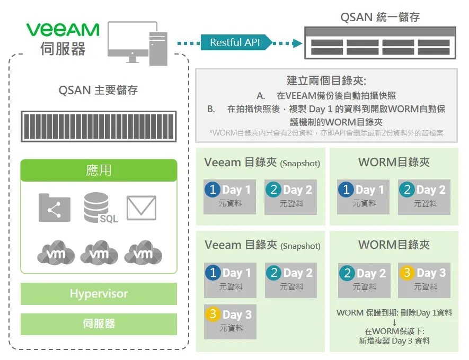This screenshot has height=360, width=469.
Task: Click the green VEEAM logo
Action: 63,29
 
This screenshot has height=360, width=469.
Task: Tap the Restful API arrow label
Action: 235,42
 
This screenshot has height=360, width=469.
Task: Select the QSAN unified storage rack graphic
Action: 379,43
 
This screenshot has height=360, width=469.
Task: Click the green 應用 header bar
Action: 99,170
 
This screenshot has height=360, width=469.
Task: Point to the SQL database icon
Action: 99,207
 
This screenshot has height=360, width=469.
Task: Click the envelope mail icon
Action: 141,208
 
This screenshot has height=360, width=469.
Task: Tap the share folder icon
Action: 55,208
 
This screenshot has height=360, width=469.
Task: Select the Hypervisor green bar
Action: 99,294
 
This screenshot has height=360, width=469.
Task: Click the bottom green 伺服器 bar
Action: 99,323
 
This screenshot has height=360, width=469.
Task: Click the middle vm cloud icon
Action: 99,253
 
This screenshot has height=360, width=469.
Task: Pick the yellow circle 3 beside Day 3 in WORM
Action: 407,273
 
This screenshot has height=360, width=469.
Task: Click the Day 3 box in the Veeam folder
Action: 231,321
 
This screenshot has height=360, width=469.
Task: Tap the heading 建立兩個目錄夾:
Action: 326,81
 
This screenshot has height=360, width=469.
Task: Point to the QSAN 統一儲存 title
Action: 380,17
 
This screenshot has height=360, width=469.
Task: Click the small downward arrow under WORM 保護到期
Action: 394,322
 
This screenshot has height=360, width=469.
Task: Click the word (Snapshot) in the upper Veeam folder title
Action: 300,164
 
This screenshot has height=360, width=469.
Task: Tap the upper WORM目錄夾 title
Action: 394,162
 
